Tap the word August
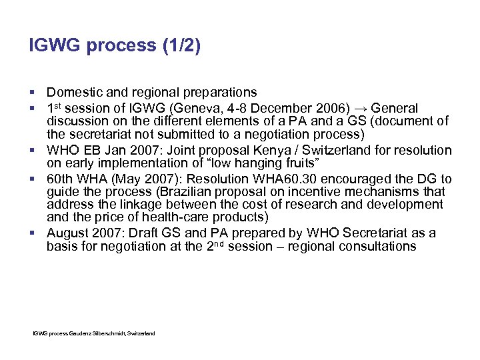[x=67, y=233]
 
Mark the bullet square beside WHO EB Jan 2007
[x=33, y=151]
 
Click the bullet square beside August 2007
[x=33, y=233]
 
